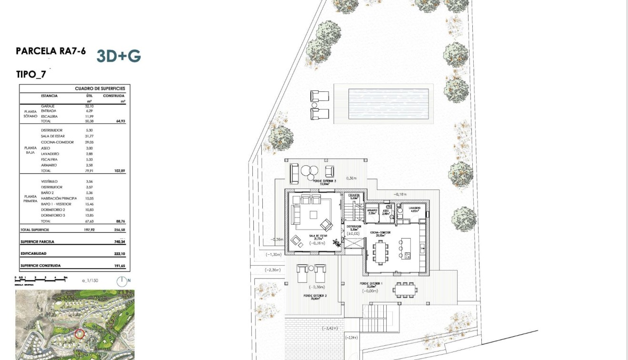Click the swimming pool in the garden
tap(389, 104)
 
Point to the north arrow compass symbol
tap(123, 281)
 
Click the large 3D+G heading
tap(119, 56)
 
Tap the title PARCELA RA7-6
tap(51, 51)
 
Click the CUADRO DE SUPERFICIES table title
tap(100, 89)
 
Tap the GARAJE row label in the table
tap(48, 106)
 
